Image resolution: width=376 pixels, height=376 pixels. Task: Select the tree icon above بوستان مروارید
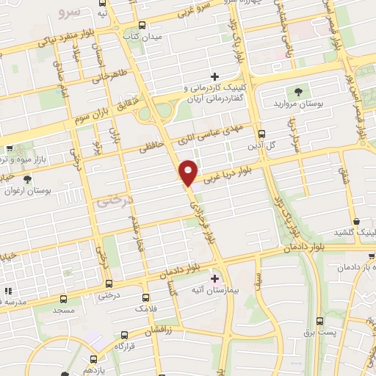(298, 91)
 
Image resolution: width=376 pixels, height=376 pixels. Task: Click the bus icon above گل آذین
(261, 133)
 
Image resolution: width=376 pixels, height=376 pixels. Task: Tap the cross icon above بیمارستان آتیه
(214, 278)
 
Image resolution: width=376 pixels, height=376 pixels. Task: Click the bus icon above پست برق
(319, 321)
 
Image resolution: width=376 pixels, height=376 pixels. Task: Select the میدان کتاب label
(141, 35)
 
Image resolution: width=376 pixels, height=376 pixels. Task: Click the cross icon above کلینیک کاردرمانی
(214, 76)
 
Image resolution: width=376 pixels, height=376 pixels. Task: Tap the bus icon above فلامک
(145, 298)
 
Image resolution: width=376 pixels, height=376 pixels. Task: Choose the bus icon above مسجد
(64, 300)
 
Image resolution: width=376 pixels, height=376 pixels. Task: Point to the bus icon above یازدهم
(93, 359)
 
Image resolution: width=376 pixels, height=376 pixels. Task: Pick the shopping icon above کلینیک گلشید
(356, 220)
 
